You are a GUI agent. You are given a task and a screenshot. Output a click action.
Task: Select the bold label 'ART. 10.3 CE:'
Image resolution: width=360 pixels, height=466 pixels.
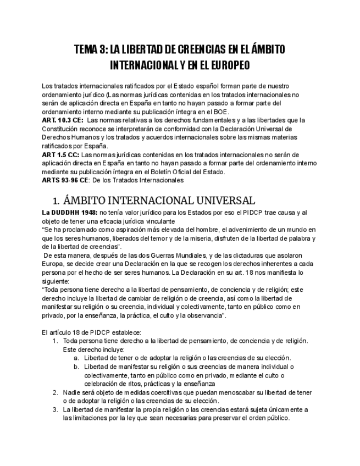(x=63, y=120)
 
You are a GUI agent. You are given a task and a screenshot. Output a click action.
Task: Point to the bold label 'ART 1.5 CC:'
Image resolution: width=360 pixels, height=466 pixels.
(x=60, y=154)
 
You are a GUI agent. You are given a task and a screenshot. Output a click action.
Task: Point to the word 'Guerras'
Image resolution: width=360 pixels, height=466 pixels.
(x=153, y=255)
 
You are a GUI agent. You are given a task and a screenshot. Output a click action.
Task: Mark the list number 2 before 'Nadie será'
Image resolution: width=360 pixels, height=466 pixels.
(x=56, y=392)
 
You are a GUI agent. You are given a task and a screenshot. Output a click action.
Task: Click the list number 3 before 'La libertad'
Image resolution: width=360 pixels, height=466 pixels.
(x=56, y=409)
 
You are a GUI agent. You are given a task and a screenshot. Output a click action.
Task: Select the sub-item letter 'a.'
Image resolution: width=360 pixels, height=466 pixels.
(x=76, y=358)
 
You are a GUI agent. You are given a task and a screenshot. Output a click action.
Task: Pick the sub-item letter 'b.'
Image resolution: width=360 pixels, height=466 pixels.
(x=76, y=367)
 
